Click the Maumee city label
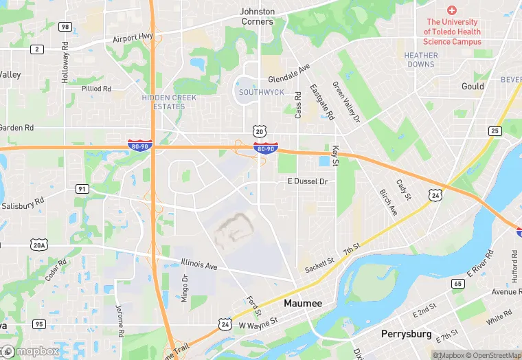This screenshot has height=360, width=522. pyautogui.click(x=304, y=303)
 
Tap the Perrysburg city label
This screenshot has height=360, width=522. pyautogui.click(x=406, y=334)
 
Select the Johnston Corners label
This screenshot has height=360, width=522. pyautogui.click(x=257, y=16)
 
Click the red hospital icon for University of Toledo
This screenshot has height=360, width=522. pyautogui.click(x=451, y=10)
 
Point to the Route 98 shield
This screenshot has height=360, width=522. pyautogui.click(x=65, y=27)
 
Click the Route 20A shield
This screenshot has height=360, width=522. pyautogui.click(x=38, y=245)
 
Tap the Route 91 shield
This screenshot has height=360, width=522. pyautogui.click(x=82, y=189)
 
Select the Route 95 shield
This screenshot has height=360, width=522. pyautogui.click(x=38, y=324)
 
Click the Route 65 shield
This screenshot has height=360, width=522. pyautogui.click(x=457, y=283)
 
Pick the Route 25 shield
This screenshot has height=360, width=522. pyautogui.click(x=495, y=131)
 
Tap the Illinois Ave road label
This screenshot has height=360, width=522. pyautogui.click(x=199, y=265)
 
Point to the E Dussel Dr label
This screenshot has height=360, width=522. pyautogui.click(x=307, y=182)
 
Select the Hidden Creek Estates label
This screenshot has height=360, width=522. pyautogui.click(x=169, y=102)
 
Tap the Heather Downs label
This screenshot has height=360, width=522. pyautogui.click(x=420, y=60)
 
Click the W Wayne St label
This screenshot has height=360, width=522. pyautogui.click(x=258, y=321)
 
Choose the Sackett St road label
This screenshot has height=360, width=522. pyautogui.click(x=319, y=265)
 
